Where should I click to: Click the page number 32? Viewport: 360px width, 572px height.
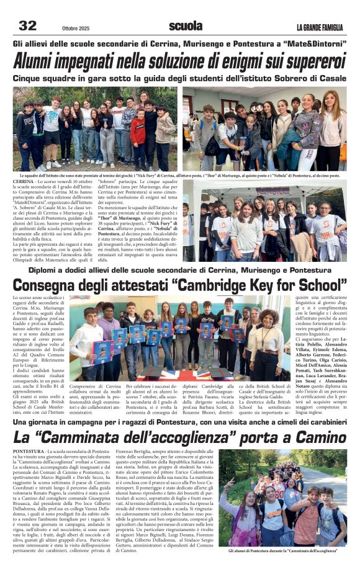[28, 25]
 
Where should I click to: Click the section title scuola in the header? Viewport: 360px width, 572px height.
[186, 25]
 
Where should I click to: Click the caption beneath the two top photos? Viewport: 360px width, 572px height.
[180, 174]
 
